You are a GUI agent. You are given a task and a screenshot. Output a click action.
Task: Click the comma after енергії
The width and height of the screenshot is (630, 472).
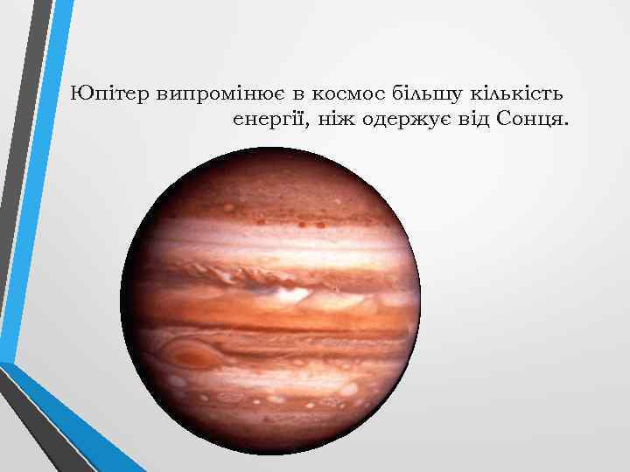coord(311,123)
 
